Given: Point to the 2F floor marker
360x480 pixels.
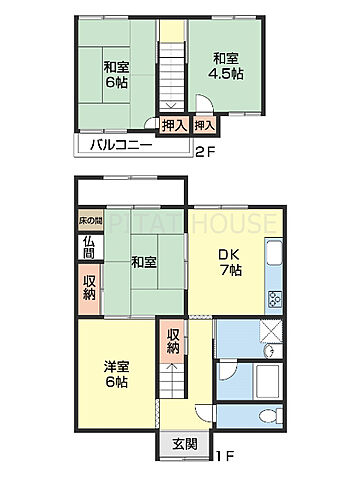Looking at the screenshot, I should coord(204,152).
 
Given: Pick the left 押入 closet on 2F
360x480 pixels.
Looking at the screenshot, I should coord(172,126).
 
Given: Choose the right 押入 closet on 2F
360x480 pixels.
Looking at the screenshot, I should coord(204,126).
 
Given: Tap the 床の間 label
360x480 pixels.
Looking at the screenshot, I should coord(90,220).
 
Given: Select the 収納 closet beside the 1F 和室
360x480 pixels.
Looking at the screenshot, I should coord(89,287).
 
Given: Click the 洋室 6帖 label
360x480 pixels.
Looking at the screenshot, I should coord(113,374).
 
